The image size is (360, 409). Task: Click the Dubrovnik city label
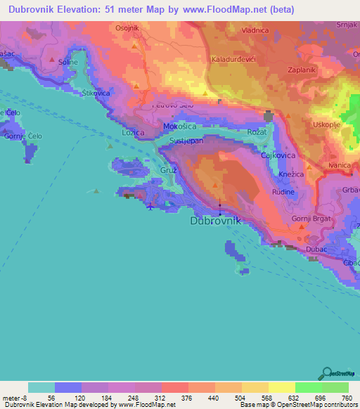tap(216, 221)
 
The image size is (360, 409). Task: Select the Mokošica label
tap(179, 126)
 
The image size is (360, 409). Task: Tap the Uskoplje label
tap(314, 125)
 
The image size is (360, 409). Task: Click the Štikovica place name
tap(96, 93)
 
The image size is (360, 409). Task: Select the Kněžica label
tap(290, 173)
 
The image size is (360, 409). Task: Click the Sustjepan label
tap(186, 141)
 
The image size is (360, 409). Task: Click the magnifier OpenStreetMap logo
tap(326, 374)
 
